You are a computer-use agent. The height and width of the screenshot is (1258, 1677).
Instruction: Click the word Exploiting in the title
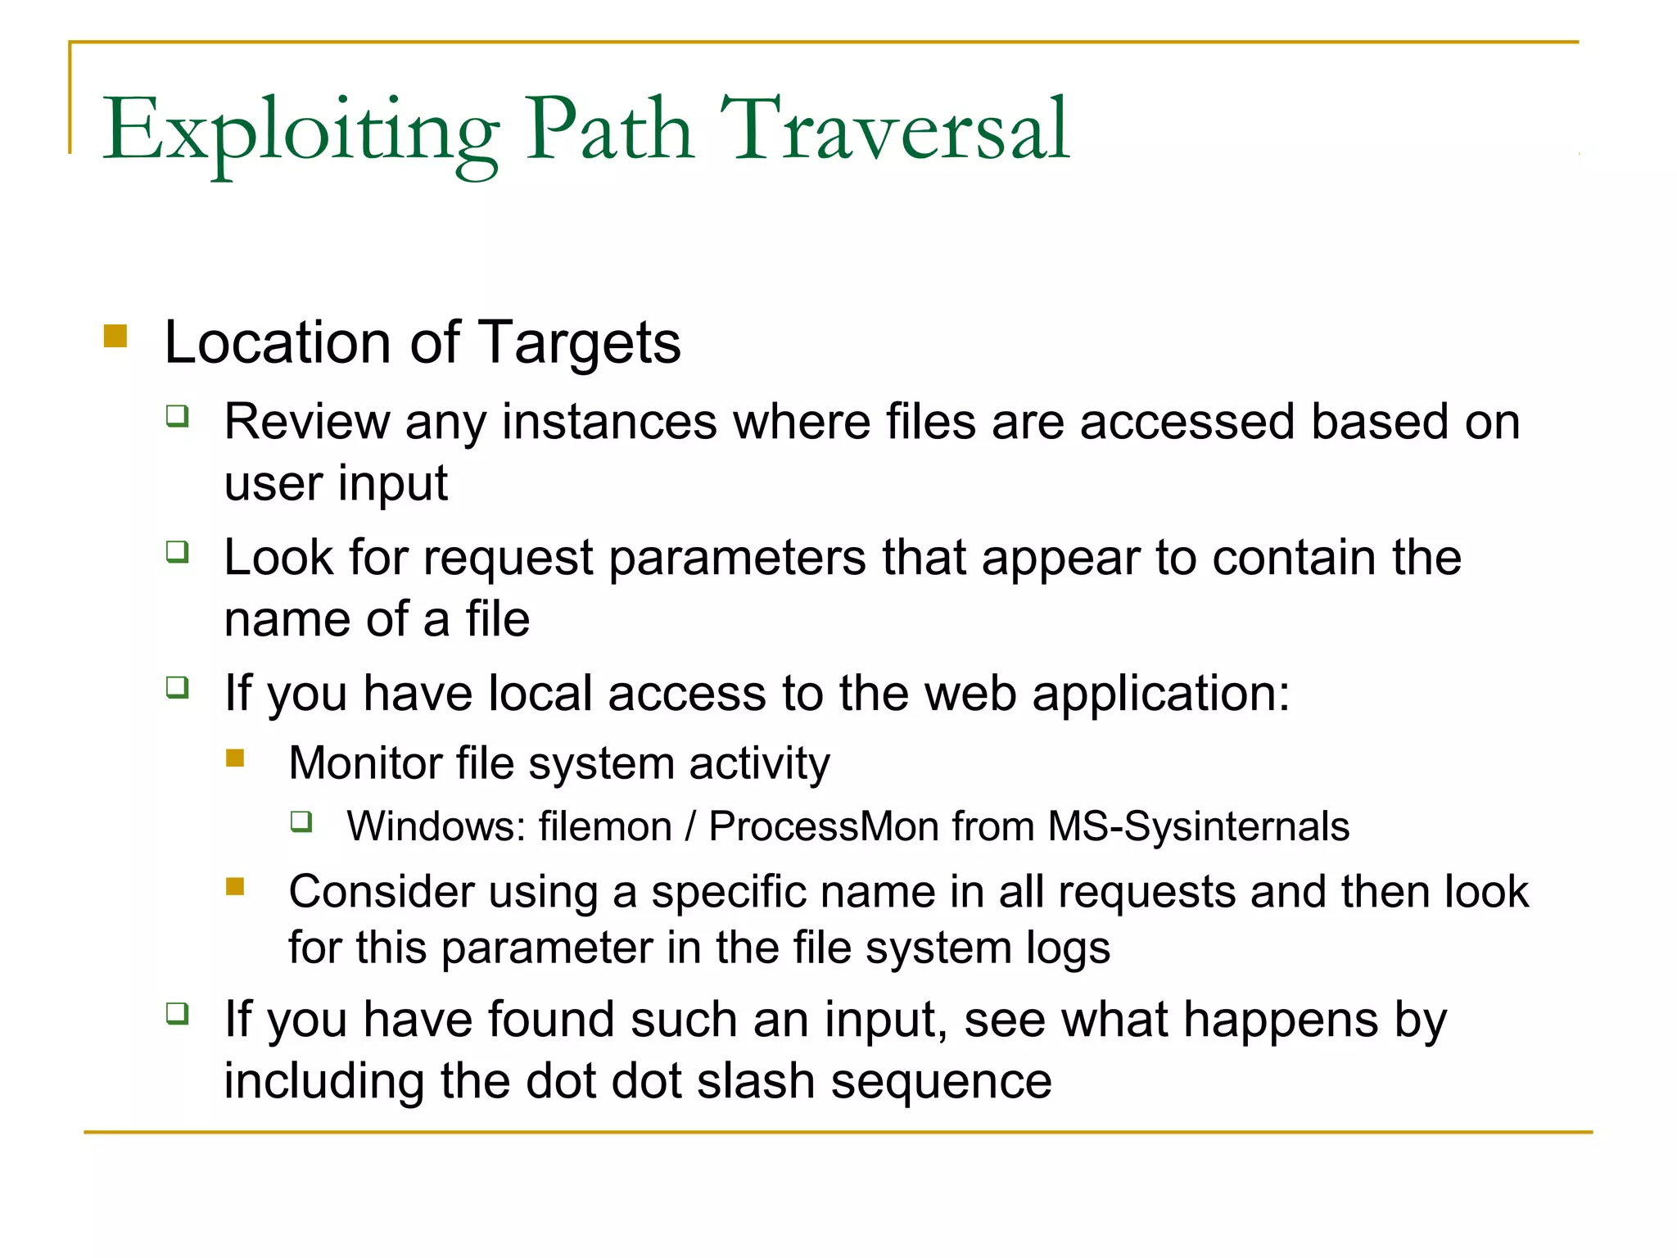pos(300,131)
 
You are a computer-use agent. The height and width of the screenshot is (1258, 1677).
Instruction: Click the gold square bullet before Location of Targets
pos(115,337)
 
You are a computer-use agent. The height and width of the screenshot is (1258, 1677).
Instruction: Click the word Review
pos(306,423)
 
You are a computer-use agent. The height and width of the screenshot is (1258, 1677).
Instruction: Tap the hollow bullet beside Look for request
pos(177,552)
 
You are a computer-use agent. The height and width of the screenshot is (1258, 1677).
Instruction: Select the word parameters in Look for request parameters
pos(736,559)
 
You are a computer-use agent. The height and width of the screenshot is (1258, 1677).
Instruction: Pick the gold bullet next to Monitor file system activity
pos(235,758)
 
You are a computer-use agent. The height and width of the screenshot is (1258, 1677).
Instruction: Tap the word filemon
pos(605,826)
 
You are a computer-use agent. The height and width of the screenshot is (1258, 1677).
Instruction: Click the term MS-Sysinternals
pos(1198,826)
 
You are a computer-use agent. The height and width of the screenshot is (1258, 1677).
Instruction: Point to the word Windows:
pos(436,826)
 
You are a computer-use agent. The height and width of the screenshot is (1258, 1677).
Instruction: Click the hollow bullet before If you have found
pos(177,1013)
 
